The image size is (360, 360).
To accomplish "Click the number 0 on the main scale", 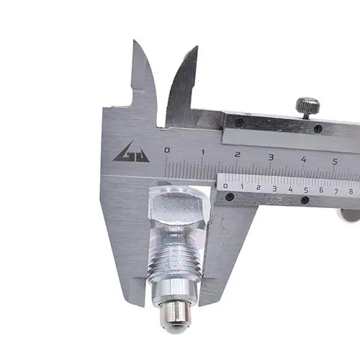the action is tap(167, 150).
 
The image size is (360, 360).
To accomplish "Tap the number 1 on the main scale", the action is tap(203, 152).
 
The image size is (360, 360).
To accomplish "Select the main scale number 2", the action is tap(237, 154).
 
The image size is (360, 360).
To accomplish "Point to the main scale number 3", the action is tap(271, 157).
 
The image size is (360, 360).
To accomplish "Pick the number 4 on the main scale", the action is tap(304, 159).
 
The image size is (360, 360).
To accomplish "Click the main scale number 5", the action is tap(335, 162).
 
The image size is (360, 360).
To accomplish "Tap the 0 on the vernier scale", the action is tap(225, 186).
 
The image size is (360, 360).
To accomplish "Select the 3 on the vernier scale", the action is tap(274, 189).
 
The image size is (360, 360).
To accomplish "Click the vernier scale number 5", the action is tap(306, 190).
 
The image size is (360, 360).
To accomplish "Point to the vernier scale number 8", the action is tap(351, 192).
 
